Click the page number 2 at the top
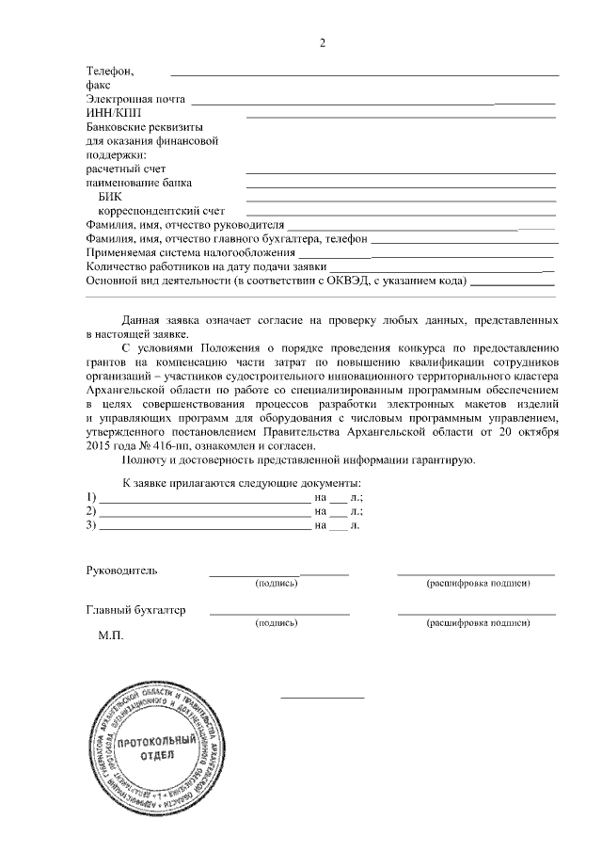pos(323,43)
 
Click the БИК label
pos(109,197)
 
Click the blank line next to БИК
pos(400,201)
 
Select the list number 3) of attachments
pos(91,525)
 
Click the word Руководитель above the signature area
pos(122,571)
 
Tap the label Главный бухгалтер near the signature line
pos(135,610)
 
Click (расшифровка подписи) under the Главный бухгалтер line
pos(477,623)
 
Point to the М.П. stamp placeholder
pos(111,636)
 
